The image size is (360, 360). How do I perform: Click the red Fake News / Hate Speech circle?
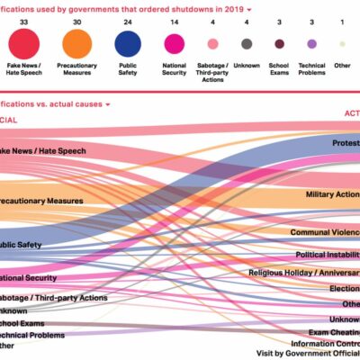tap(23, 43)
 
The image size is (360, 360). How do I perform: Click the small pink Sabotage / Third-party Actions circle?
tap(212, 43)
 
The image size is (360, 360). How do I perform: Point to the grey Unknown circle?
tap(247, 43)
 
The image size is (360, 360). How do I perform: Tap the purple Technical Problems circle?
tap(311, 43)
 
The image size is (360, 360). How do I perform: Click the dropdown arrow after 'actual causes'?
tap(107, 104)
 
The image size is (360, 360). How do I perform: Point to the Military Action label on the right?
tap(332, 194)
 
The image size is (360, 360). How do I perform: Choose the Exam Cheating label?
tap(331, 331)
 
